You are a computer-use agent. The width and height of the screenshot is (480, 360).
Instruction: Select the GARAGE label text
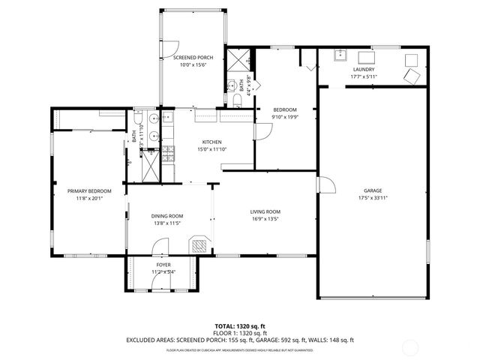[373, 190]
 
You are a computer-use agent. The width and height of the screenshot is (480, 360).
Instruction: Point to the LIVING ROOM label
[265, 211]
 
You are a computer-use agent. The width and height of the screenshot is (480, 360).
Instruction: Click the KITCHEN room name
[211, 142]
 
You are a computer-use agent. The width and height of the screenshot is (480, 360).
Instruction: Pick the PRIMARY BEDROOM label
[84, 190]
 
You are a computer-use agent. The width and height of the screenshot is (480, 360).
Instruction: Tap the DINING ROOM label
[168, 216]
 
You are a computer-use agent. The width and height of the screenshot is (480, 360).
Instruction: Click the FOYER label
[163, 265]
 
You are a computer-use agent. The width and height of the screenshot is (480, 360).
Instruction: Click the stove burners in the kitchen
[169, 154]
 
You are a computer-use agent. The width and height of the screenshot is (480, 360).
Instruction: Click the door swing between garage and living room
[325, 185]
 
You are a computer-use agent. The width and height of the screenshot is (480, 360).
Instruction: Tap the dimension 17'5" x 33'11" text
[373, 198]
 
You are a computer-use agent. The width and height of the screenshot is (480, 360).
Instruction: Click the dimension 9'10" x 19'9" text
[284, 117]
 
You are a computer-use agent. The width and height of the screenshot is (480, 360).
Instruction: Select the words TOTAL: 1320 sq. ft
[240, 326]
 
